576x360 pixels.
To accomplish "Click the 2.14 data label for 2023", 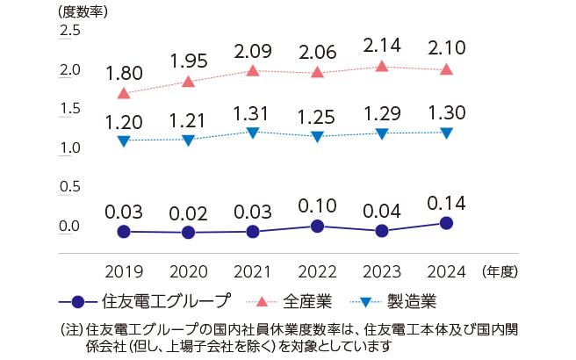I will point(381,45).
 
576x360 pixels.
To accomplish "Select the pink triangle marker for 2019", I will point(124,93).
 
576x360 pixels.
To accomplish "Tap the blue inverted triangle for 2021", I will point(253,133).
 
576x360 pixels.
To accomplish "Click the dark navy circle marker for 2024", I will point(446,223).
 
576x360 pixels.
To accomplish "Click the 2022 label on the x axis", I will point(317,270).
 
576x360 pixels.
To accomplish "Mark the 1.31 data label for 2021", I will point(253,112).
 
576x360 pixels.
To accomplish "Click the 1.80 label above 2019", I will point(124,73).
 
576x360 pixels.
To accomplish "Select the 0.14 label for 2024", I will point(446,203).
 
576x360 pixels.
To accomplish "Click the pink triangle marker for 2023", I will point(381,67).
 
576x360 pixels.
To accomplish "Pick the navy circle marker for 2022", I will point(317,227).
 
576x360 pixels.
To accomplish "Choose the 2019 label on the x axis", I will point(124,270).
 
